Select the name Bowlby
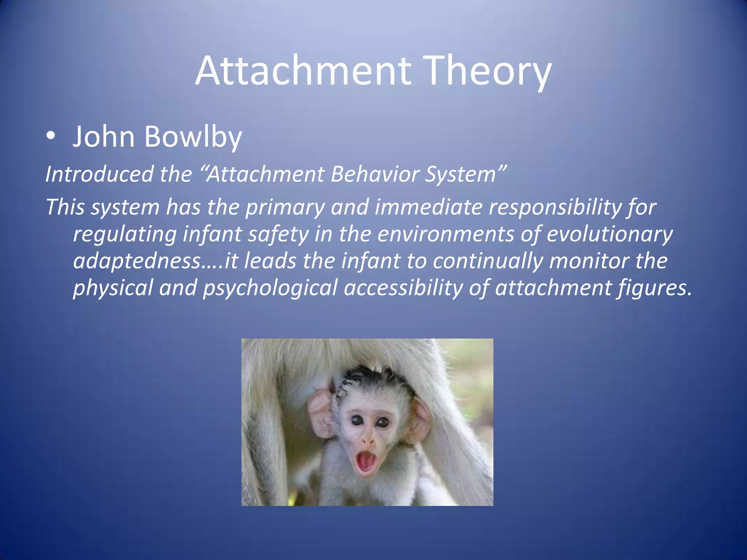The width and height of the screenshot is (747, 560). coord(193,137)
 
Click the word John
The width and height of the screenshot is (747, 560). coord(104,137)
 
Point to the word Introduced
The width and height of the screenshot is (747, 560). coord(99,174)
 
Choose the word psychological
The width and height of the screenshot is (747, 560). coord(270,288)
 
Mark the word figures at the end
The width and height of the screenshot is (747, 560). coord(653,288)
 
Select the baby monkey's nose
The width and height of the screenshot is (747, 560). coord(369,441)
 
